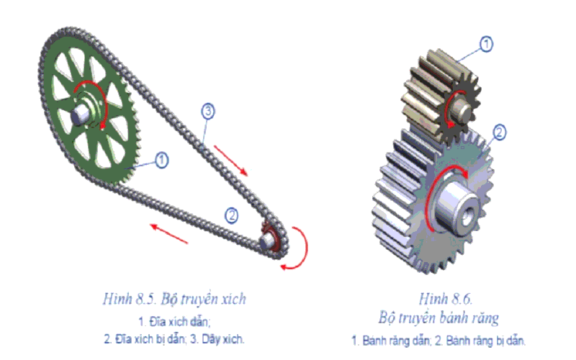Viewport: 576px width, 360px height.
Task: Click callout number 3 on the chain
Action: [207, 111]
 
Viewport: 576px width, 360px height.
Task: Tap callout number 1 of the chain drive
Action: [162, 160]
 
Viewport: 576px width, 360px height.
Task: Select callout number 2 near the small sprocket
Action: [231, 215]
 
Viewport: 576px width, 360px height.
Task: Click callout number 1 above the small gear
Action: [487, 45]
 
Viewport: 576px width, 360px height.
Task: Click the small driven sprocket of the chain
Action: [271, 239]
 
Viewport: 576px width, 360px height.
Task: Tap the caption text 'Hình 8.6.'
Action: [440, 297]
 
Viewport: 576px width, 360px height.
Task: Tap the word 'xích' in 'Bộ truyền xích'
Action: [238, 297]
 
